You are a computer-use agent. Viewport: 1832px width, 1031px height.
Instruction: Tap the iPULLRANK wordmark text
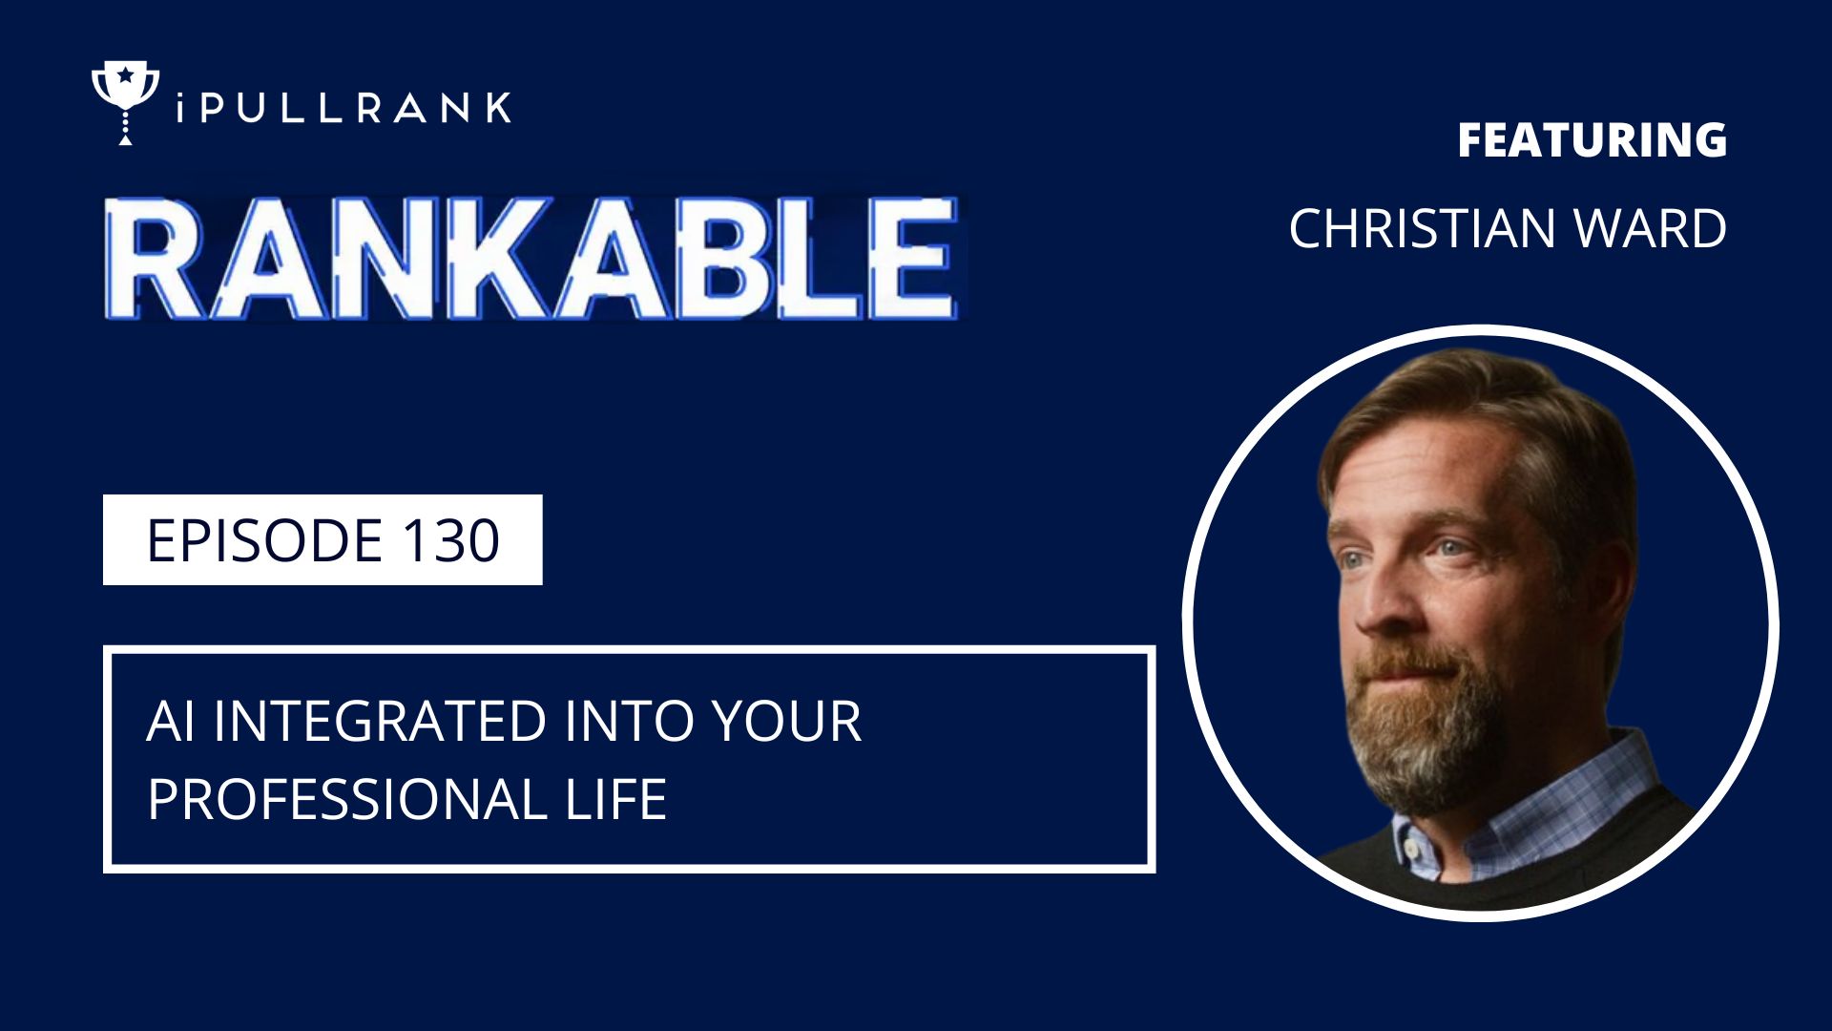[343, 108]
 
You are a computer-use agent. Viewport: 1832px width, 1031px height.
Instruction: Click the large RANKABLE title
[531, 258]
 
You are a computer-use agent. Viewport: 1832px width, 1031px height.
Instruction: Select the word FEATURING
[1592, 140]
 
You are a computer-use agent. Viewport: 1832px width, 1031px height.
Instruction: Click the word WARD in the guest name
[1651, 229]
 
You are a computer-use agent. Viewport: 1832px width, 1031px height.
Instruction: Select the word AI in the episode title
[171, 721]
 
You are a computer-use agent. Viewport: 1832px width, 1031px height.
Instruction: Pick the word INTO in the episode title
[631, 721]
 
